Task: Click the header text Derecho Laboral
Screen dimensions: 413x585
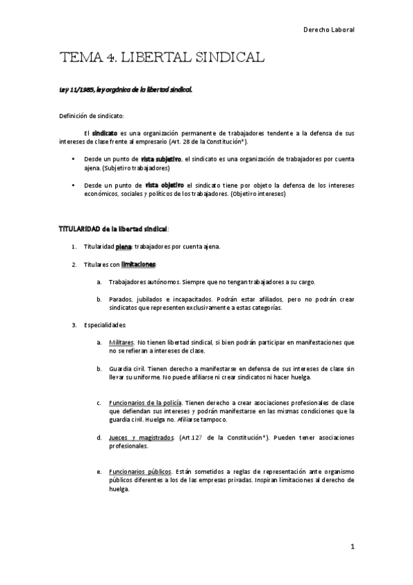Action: click(328, 30)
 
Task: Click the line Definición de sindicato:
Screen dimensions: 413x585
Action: click(92, 116)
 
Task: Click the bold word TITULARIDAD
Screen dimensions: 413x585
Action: click(77, 228)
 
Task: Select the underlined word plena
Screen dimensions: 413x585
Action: click(123, 246)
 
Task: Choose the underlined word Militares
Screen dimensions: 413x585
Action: click(121, 342)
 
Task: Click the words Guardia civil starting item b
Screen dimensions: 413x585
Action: click(125, 369)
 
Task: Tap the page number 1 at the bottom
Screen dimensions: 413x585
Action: click(352, 547)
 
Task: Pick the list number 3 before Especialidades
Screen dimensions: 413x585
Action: click(74, 325)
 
